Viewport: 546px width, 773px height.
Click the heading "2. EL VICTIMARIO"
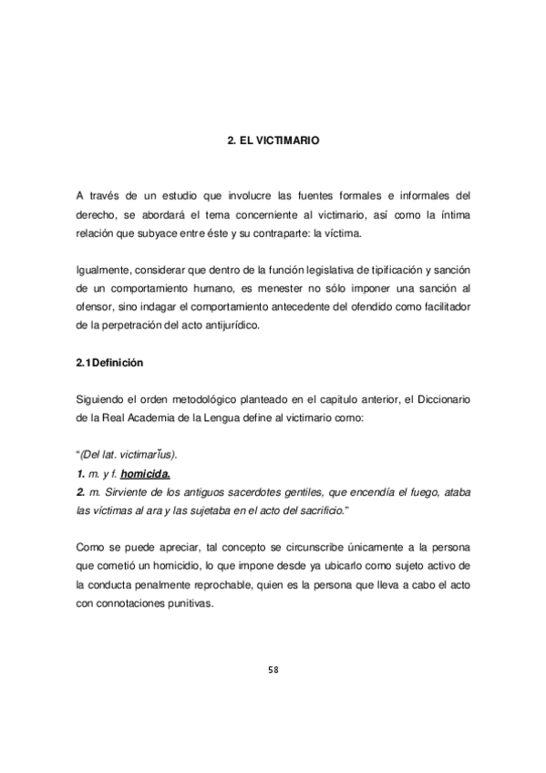pos(273,142)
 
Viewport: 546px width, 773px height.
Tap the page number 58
pos(273,669)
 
